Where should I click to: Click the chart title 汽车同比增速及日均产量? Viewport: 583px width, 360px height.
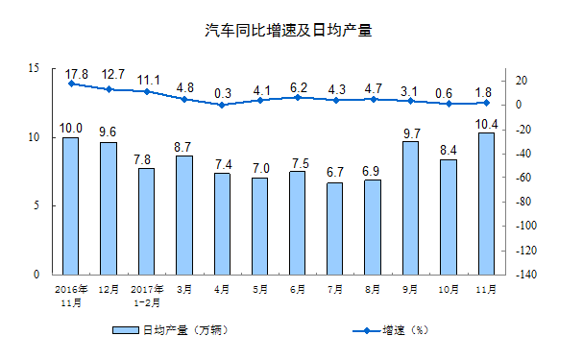pos(290,31)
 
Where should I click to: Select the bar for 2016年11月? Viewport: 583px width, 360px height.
pos(70,205)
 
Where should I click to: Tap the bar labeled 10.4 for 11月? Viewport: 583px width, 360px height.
pos(486,203)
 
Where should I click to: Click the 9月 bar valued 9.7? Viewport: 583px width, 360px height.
pos(412,207)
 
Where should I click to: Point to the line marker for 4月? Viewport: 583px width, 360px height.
pos(222,105)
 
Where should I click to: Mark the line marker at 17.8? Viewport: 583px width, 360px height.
pos(71,84)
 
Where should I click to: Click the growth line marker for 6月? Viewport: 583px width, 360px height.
pos(298,97)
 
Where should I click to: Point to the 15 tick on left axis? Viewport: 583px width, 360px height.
pos(34,69)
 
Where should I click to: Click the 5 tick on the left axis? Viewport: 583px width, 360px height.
pos(36,205)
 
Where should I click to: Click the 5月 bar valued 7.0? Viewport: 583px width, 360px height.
pos(260,226)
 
